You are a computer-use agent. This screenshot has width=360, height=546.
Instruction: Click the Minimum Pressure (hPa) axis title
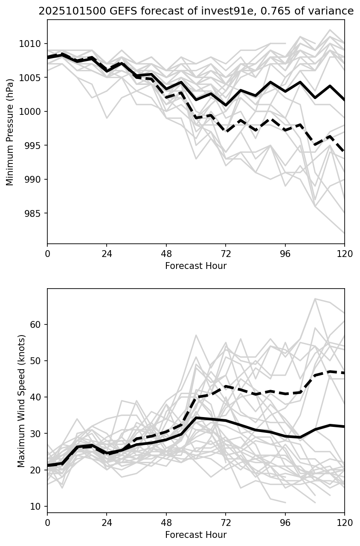coord(10,132)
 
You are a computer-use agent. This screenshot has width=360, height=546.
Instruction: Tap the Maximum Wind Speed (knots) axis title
coord(21,401)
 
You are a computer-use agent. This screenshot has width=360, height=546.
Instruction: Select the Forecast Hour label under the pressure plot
coord(196,266)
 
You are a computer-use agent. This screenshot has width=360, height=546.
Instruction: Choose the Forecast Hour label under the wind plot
coord(196,535)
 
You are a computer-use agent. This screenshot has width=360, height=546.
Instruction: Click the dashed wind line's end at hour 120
coord(344,373)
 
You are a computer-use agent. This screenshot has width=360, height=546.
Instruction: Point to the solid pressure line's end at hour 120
coord(344,100)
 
